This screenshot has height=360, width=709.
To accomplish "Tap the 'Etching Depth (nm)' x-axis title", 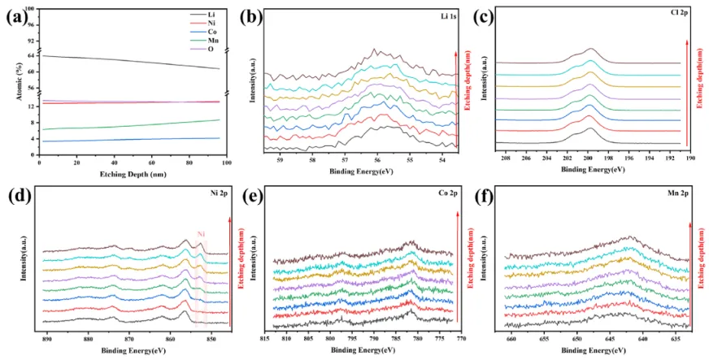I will point(129,174).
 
